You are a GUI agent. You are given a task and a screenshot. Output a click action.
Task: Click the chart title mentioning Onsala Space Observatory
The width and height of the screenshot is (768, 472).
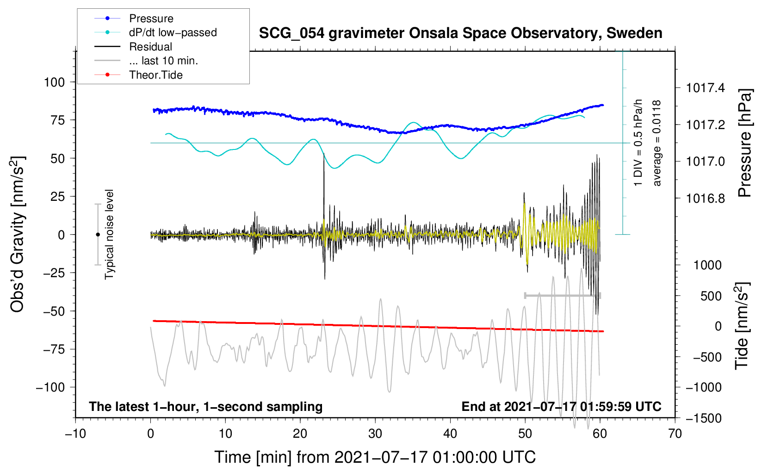(460, 33)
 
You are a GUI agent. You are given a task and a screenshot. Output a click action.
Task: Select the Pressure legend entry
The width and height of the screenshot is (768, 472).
(151, 19)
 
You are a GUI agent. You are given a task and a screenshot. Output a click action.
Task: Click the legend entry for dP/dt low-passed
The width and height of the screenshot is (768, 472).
(173, 32)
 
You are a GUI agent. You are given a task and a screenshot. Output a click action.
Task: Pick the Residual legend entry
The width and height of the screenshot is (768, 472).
(150, 47)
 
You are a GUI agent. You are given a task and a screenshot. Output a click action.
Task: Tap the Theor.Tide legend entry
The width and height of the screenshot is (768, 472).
(155, 75)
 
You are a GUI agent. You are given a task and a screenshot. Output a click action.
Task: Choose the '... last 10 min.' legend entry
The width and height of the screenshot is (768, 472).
(163, 61)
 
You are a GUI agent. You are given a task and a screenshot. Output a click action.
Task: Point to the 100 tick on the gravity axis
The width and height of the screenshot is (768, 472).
(54, 82)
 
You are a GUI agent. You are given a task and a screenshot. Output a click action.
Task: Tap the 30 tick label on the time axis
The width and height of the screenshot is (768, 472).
(375, 434)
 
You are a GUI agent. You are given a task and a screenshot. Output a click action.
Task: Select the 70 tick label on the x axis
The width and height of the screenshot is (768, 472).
(675, 434)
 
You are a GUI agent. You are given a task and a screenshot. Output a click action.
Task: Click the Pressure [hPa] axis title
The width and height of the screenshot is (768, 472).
(744, 143)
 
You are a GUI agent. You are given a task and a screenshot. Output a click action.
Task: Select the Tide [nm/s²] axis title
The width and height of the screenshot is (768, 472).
(742, 326)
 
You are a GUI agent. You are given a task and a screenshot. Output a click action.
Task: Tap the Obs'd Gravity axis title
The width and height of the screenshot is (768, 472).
(17, 235)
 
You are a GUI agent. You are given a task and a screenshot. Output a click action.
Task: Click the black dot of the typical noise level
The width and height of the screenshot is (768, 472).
(98, 235)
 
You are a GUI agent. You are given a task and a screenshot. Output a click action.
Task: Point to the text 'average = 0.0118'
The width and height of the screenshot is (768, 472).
(657, 143)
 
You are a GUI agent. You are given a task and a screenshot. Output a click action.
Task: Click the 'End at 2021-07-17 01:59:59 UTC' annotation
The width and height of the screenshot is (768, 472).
(561, 407)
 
